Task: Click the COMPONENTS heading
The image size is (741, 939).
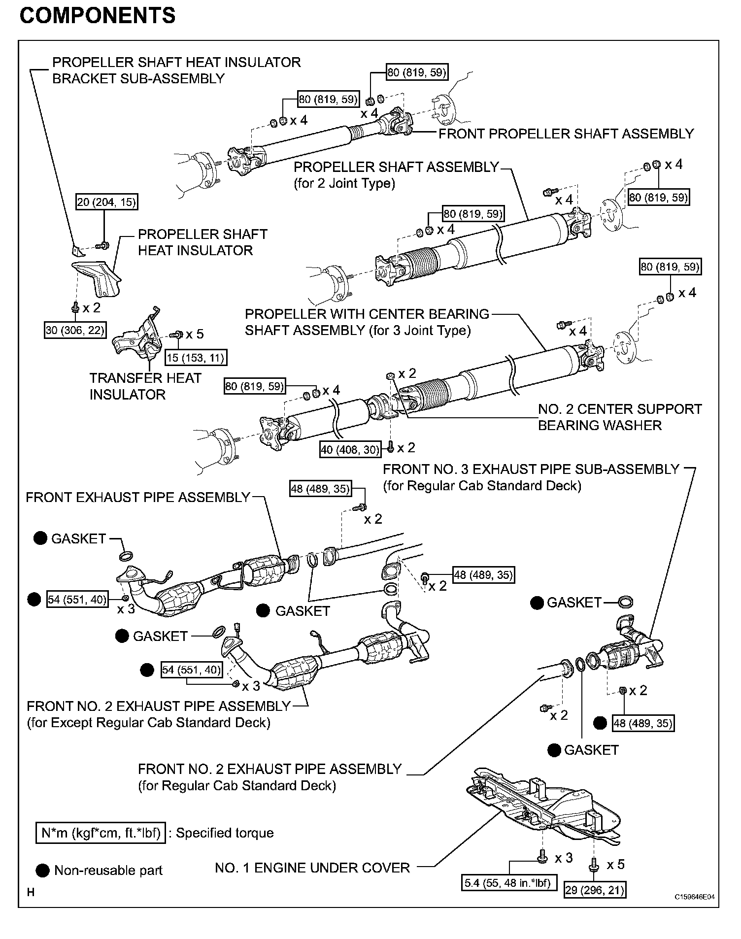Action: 98,16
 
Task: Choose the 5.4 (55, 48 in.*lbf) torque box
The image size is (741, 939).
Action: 507,882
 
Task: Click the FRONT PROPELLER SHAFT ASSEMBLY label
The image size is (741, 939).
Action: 566,134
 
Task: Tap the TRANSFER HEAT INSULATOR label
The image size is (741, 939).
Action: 145,386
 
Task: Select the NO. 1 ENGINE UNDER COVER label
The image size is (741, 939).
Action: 312,868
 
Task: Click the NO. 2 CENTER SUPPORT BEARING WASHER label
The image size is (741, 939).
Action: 619,417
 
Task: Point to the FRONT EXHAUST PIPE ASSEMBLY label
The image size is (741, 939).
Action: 138,497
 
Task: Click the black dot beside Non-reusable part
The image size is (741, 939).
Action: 43,871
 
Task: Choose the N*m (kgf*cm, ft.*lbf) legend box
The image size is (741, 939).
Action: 101,833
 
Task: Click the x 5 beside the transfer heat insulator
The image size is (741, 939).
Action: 195,334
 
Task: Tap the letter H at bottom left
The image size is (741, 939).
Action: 31,892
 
